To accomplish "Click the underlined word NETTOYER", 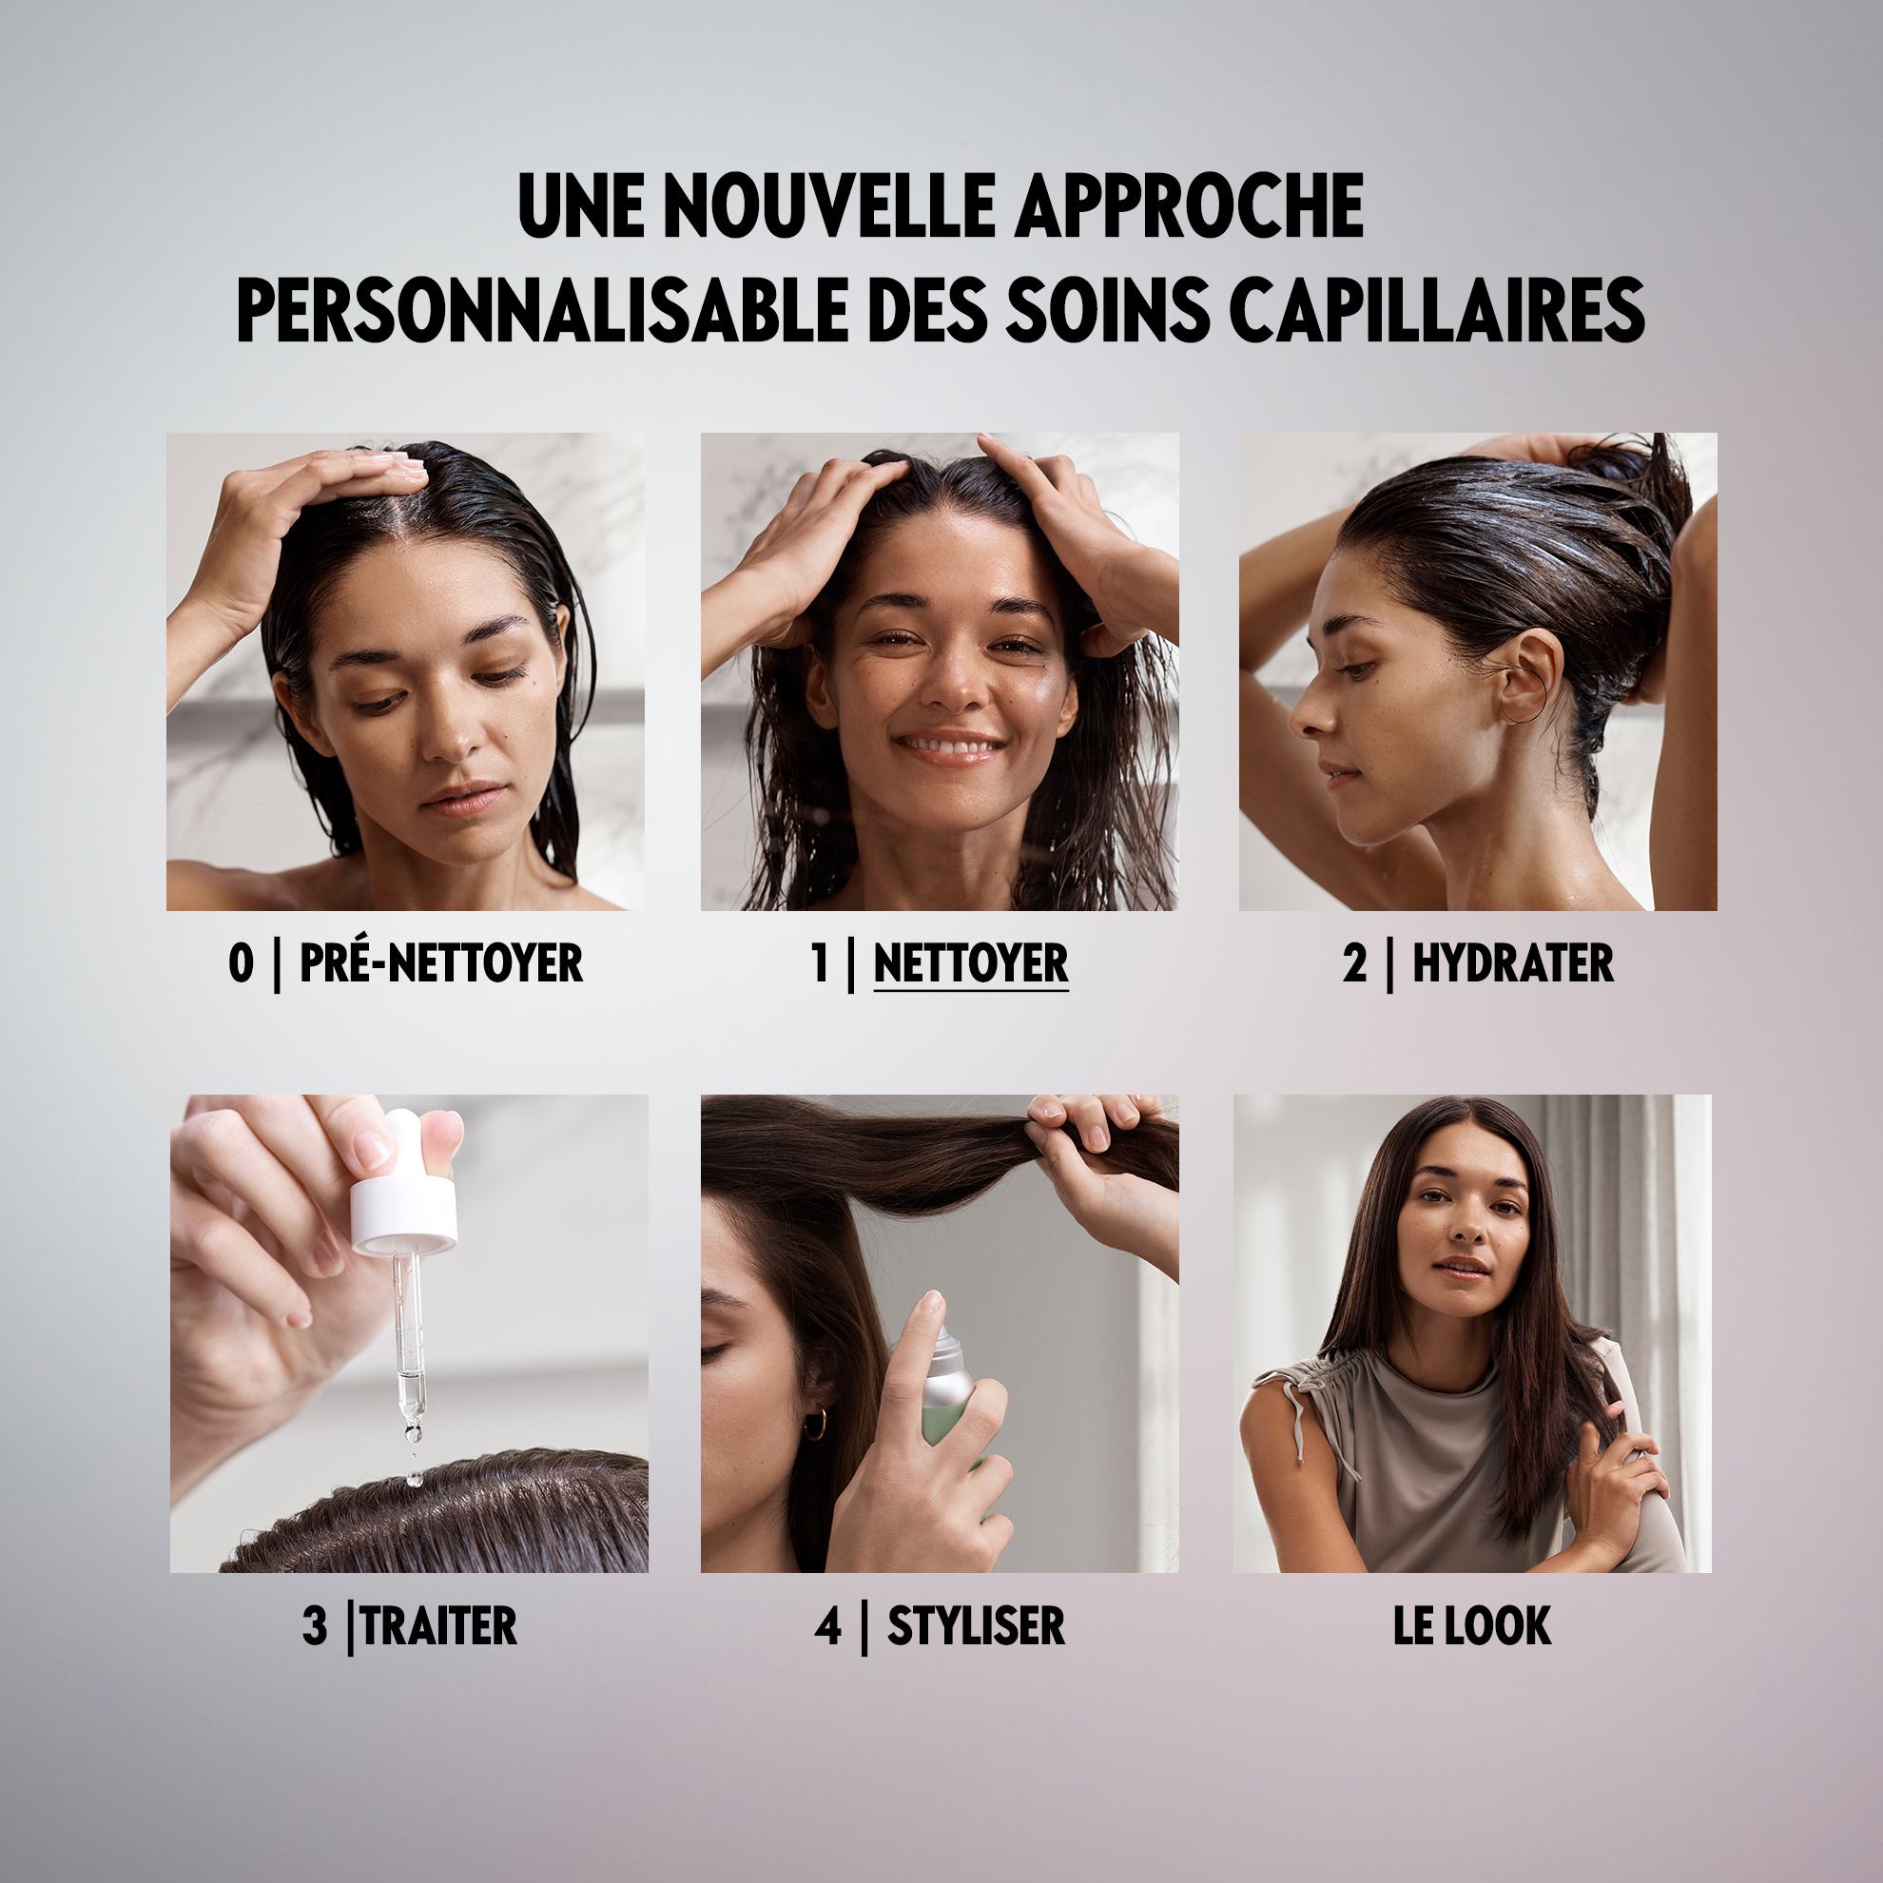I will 971,963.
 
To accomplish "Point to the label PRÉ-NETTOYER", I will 440,963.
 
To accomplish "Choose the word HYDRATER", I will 1513,963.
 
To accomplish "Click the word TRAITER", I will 439,1625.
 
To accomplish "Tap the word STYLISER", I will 976,1625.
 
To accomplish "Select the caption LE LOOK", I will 1472,1625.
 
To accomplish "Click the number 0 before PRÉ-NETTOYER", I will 240,964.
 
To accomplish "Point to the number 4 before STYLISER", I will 826,1625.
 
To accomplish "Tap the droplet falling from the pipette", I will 414,1480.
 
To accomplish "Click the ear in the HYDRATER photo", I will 1525,671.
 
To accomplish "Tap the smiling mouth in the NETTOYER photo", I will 950,747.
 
